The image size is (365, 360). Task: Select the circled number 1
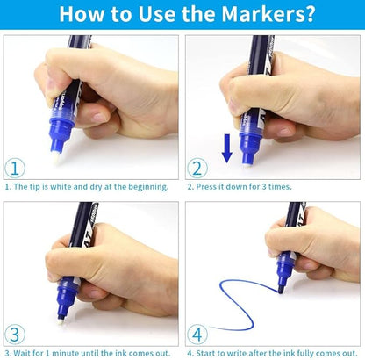(15, 169)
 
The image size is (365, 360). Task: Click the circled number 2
(197, 169)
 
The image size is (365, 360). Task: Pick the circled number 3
(15, 335)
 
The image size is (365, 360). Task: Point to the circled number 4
(197, 335)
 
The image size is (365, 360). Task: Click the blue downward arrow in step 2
(227, 148)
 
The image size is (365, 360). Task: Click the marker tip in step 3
(61, 321)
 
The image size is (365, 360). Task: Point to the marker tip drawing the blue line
(281, 291)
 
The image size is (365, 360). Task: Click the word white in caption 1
(61, 186)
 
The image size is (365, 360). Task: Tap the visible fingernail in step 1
(99, 118)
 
